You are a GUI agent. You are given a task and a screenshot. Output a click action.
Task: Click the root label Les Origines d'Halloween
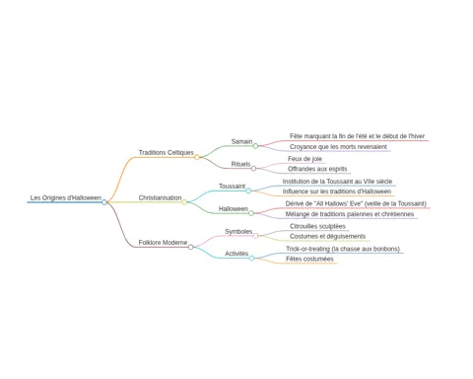(x=66, y=197)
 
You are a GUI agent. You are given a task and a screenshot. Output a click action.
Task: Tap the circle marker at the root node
(x=104, y=202)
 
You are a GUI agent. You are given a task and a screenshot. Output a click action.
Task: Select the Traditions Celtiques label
(x=166, y=153)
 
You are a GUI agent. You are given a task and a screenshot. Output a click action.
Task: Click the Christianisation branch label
(x=160, y=197)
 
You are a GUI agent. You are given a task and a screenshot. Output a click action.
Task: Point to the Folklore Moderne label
(x=163, y=243)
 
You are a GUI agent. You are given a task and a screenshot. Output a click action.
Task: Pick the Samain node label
(x=241, y=141)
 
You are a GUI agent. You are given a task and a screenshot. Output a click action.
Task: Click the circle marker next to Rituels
(x=253, y=169)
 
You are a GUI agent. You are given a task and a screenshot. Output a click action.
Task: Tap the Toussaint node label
(x=232, y=187)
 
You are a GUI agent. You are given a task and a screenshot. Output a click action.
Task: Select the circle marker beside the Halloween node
(x=251, y=213)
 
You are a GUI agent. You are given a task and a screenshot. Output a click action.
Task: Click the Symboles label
(x=238, y=232)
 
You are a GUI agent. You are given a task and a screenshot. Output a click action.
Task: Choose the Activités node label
(x=236, y=254)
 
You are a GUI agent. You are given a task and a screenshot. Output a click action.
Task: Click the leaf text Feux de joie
(x=304, y=159)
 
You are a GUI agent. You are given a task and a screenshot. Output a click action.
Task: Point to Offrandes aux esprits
(x=317, y=169)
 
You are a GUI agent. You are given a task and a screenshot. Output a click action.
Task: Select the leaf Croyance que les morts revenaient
(x=338, y=147)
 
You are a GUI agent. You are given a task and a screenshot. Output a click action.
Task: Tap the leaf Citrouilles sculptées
(x=317, y=226)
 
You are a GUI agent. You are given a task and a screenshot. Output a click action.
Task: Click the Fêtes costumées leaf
(x=309, y=259)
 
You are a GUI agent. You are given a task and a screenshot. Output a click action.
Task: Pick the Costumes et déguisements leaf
(x=327, y=236)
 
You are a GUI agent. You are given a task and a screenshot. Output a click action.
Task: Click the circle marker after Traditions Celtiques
(x=197, y=157)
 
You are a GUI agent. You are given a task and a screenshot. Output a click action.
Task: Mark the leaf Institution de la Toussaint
(x=337, y=182)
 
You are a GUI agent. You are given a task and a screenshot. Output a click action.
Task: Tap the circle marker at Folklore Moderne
(x=191, y=247)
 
